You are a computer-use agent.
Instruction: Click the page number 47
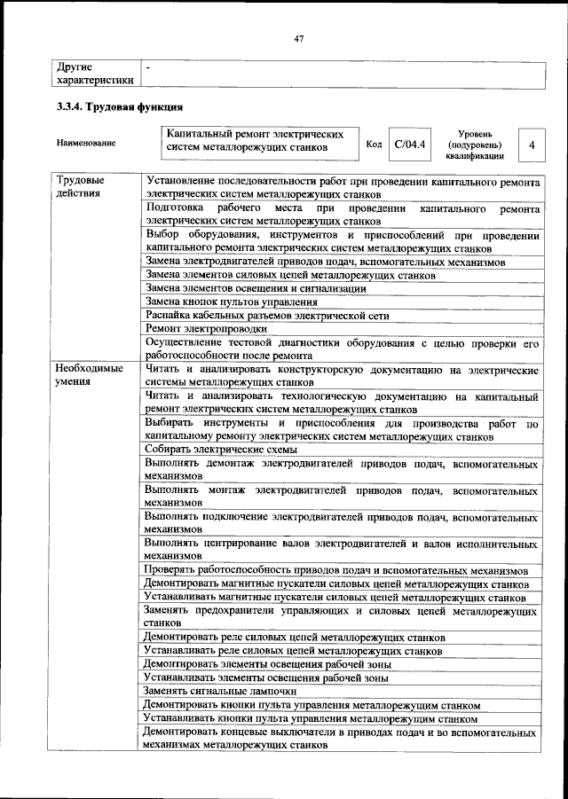tap(299, 39)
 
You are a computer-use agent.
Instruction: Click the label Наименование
tap(85, 144)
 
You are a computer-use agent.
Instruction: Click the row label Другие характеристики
tap(94, 73)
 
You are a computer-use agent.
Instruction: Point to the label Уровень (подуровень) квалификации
tap(475, 144)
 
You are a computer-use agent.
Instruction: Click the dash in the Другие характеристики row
tap(148, 67)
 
